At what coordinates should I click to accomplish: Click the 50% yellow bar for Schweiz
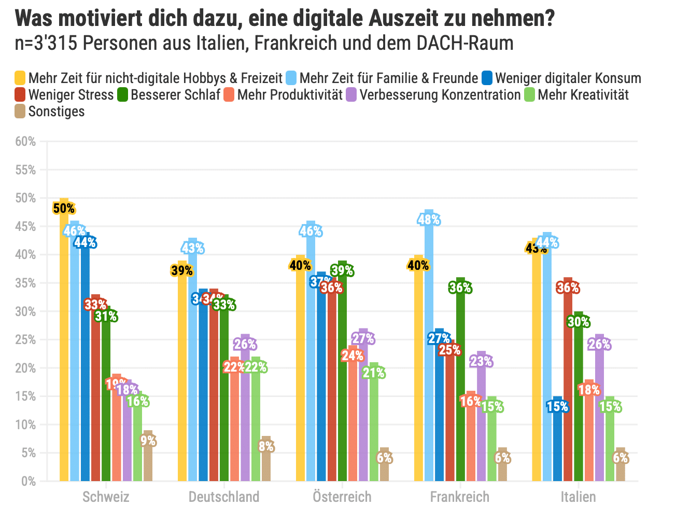pyautogui.click(x=64, y=343)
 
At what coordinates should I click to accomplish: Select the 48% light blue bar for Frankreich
pyautogui.click(x=429, y=348)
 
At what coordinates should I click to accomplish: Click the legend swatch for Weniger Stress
pyautogui.click(x=20, y=95)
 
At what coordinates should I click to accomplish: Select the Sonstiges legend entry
pyautogui.click(x=56, y=112)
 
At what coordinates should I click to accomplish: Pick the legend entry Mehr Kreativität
pyautogui.click(x=583, y=95)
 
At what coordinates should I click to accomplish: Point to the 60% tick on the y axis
pyautogui.click(x=25, y=142)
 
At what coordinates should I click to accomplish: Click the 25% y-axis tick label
pyautogui.click(x=25, y=340)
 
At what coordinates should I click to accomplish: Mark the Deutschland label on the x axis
pyautogui.click(x=224, y=497)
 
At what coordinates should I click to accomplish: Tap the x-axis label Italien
pyautogui.click(x=578, y=497)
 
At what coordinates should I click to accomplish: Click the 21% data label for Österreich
pyautogui.click(x=374, y=373)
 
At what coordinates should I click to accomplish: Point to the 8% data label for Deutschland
pyautogui.click(x=266, y=447)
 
